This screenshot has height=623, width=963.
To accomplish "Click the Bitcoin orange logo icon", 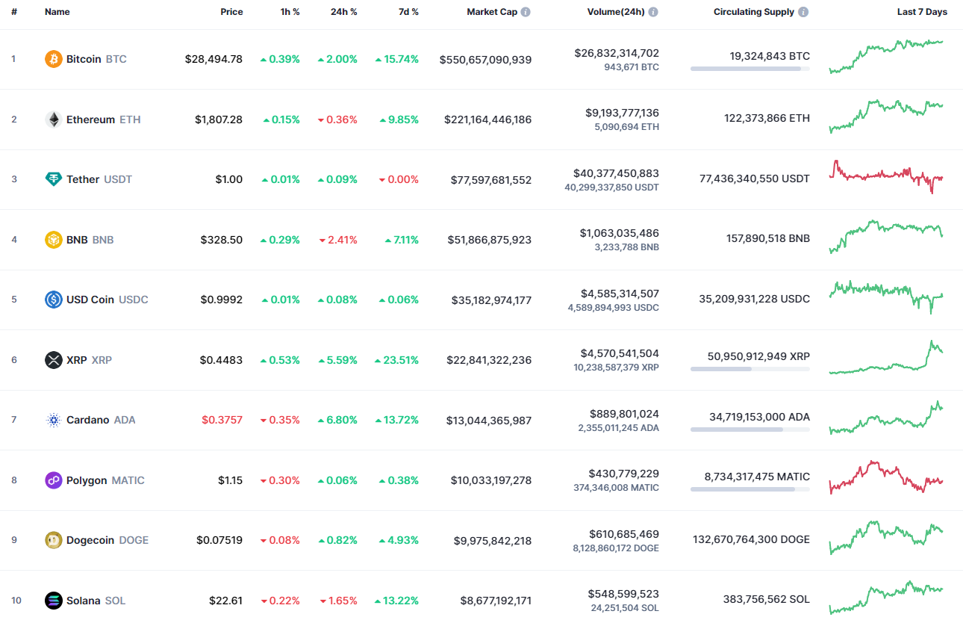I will (x=54, y=59).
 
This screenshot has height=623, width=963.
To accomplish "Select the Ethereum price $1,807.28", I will (x=219, y=120).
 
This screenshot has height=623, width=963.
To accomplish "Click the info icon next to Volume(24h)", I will (x=653, y=13).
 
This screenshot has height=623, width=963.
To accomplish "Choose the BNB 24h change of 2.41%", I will (x=338, y=240).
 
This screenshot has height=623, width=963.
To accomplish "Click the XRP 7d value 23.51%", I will (x=397, y=360).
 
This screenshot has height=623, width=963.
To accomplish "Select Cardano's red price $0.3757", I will (x=222, y=420).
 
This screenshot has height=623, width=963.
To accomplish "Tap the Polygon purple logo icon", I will (x=54, y=480).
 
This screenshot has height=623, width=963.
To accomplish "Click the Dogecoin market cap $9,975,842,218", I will (x=493, y=540).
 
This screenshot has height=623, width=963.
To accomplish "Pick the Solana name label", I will (x=83, y=601).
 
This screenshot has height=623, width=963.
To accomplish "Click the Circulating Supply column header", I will (x=753, y=12).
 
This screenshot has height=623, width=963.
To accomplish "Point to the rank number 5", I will (x=13, y=300).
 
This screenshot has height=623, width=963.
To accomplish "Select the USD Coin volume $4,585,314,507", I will (x=620, y=294).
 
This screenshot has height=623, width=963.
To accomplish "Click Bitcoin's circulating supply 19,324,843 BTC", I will (x=770, y=56).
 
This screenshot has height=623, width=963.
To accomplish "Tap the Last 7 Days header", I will (x=922, y=12).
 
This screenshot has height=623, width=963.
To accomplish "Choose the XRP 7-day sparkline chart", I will (x=886, y=359).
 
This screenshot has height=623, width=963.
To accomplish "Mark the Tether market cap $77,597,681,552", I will (x=491, y=179).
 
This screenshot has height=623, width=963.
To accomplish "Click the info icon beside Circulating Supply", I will (x=803, y=13).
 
